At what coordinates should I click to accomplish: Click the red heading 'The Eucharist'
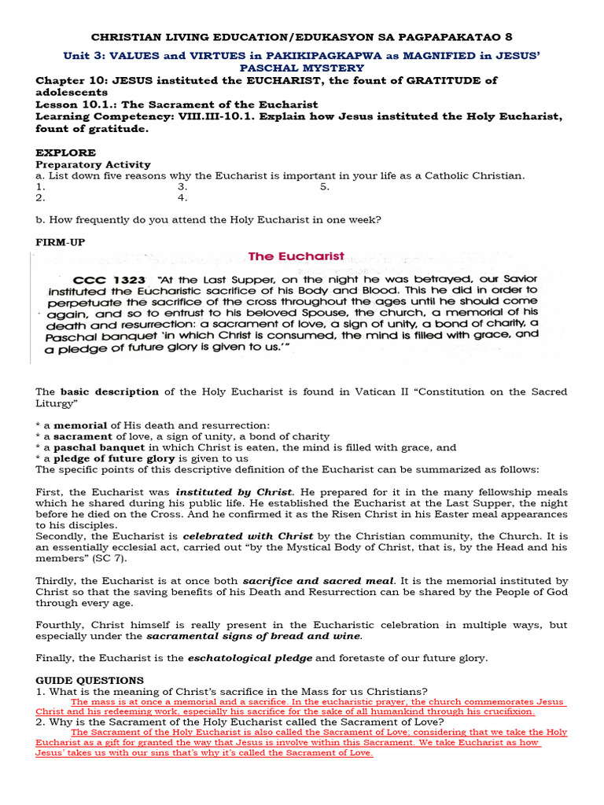coord(296,256)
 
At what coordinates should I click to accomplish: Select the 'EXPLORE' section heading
coord(66,153)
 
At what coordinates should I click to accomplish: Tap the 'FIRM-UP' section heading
coord(60,242)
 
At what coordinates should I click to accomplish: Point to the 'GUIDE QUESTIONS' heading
coord(90,680)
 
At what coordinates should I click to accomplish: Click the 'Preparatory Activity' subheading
coord(93,164)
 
